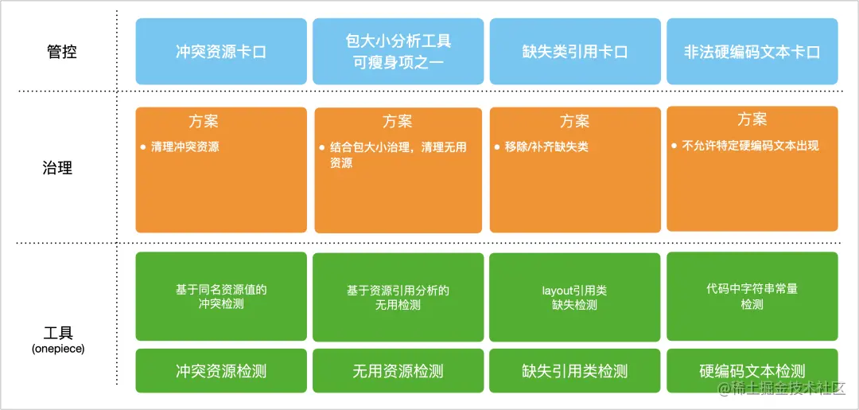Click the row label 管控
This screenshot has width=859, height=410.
tap(61, 52)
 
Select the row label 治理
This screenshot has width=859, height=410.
tap(57, 167)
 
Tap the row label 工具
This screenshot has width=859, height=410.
tap(58, 334)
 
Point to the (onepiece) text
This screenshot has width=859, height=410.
tap(58, 349)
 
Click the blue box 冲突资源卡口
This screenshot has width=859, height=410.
tap(221, 52)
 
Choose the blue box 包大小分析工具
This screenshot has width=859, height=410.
tap(398, 52)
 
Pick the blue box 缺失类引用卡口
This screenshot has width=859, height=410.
tap(575, 52)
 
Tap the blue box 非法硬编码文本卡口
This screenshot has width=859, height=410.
tap(752, 52)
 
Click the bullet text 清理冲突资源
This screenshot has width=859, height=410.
tap(185, 147)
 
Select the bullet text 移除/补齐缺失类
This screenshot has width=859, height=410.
tap(546, 147)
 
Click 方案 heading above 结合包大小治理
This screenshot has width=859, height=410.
tap(397, 121)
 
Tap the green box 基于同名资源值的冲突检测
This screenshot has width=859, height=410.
tap(221, 296)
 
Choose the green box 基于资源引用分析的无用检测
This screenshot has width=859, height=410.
tap(398, 296)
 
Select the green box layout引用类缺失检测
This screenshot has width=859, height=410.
tap(575, 296)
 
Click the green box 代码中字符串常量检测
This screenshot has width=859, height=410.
tap(752, 296)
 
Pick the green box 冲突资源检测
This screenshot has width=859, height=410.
tap(221, 370)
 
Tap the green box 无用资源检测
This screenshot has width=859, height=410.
tap(398, 370)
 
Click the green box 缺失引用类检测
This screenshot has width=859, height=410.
tap(575, 370)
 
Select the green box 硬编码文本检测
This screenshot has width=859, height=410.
tap(752, 370)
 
